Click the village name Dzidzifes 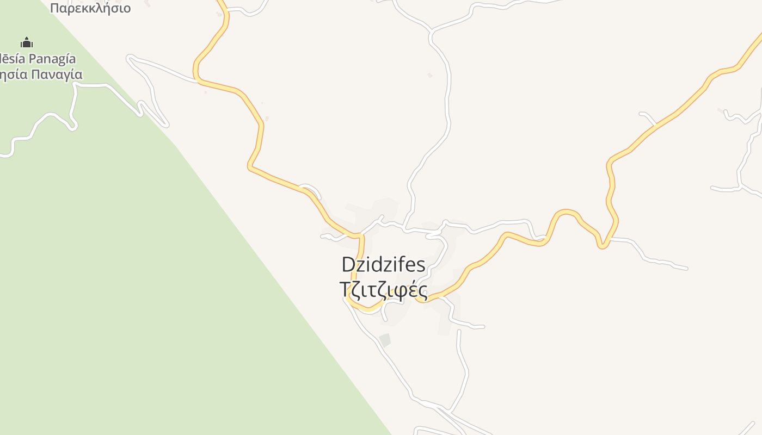coord(383,264)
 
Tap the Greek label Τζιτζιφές coord(383,289)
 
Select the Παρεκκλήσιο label coord(90,8)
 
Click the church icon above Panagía coord(26,42)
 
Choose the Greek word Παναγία coord(57,74)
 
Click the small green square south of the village coord(385,340)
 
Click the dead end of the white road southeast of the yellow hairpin coord(686,268)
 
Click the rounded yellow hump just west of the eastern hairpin coord(566,212)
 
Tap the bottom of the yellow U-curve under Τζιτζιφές coord(367,309)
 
